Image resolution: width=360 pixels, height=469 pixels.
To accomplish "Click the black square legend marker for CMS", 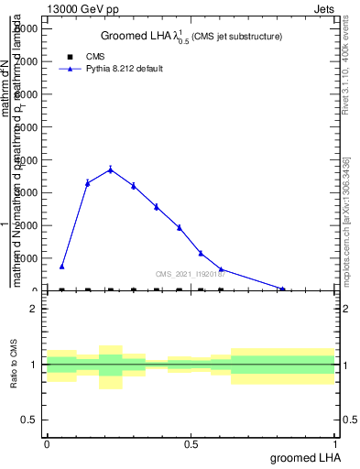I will click(64, 57).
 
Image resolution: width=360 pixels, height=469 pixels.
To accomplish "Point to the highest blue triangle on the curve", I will click(111, 169).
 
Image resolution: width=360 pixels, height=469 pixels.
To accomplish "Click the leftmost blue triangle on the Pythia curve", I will click(62, 267).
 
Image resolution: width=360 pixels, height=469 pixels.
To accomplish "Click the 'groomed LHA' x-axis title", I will click(301, 457).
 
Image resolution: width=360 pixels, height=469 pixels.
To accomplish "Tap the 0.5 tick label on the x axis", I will click(191, 443).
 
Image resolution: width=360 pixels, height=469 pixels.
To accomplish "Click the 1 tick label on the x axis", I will click(336, 443).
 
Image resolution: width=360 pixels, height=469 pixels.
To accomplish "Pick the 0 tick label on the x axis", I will click(47, 443).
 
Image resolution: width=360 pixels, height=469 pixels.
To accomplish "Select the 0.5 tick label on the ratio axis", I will click(28, 420).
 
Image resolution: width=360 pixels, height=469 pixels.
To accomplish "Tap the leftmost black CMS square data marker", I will click(62, 290).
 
